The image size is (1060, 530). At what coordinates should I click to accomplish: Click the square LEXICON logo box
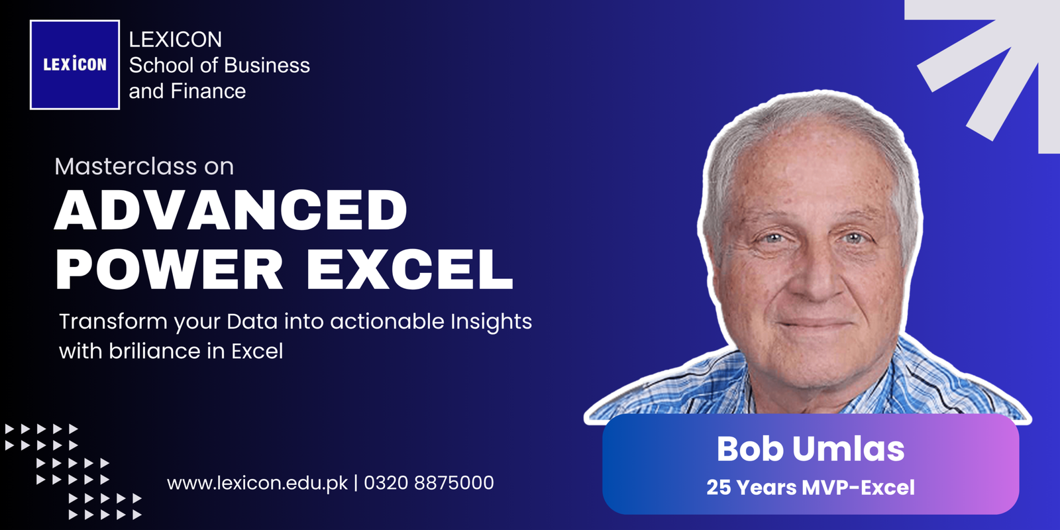pos(75,65)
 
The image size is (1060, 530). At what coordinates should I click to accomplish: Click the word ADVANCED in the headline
pos(231,209)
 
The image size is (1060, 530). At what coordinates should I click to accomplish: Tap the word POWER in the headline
pos(169,268)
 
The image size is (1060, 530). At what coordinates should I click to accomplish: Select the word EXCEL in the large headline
pos(410,268)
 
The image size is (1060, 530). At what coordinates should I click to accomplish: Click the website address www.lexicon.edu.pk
pos(258,483)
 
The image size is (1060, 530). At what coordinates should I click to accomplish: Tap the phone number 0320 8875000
pos(429,483)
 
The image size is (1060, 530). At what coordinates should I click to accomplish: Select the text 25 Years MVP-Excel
pos(810,488)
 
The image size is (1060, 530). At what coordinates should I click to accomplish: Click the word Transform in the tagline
pos(113,322)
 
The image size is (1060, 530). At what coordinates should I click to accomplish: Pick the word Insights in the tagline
pos(491,323)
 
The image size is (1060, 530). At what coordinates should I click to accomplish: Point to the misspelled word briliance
pos(155,351)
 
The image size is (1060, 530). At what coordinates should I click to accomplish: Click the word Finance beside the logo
pos(208,91)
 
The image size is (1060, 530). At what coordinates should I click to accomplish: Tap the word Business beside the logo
pos(266,66)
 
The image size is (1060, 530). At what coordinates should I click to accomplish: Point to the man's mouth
pos(815,324)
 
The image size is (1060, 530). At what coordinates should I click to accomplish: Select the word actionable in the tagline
pos(388,322)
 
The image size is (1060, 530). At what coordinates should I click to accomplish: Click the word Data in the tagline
pos(252,322)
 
